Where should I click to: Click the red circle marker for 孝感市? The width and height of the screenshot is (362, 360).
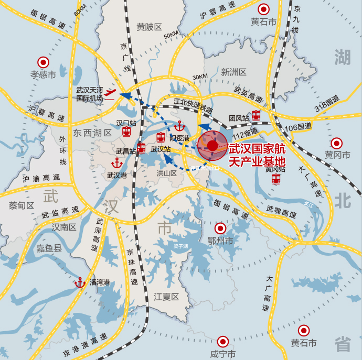pos(42,62)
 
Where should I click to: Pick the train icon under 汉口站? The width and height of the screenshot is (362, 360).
pos(126,132)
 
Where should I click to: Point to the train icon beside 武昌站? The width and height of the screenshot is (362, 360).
pos(141,147)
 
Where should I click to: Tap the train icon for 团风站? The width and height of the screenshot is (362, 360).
pos(256,115)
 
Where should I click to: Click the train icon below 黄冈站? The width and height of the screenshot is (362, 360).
pos(276,179)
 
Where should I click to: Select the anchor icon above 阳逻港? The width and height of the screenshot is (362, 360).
pos(179,126)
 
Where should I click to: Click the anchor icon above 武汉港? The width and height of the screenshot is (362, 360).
pos(116,162)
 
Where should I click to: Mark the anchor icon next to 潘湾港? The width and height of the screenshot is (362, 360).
pos(80,282)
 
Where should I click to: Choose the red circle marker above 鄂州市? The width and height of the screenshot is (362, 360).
pos(220,228)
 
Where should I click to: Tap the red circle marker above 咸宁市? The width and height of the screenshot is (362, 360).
pos(222,341)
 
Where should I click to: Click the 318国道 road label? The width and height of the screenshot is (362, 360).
pos(326,103)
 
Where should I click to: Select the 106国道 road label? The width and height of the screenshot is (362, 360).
pos(296,126)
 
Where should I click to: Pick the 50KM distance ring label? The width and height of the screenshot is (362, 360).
pos(171,35)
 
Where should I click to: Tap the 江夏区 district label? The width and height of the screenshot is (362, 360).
pos(166,297)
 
